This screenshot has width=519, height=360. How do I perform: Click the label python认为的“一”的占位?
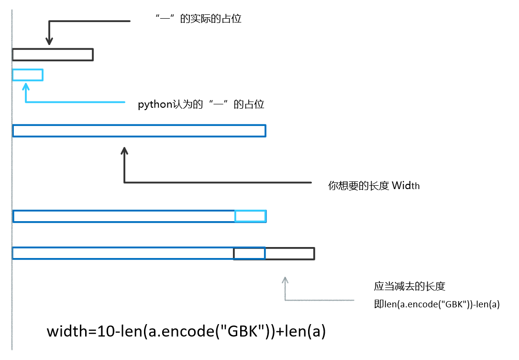click(201, 104)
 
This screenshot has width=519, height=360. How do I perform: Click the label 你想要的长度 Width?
click(374, 186)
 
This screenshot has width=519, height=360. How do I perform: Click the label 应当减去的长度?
click(409, 286)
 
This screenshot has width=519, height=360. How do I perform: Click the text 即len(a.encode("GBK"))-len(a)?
click(437, 304)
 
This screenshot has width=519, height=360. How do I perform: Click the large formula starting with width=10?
click(186, 331)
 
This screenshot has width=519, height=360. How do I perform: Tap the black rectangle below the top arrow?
click(53, 55)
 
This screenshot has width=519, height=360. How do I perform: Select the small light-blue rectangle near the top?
click(28, 75)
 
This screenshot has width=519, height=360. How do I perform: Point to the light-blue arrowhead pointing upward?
click(26, 86)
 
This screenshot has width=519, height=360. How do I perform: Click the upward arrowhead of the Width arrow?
click(125, 150)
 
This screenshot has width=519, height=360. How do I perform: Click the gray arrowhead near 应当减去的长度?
click(286, 280)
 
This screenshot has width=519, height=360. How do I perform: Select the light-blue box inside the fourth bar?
click(250, 216)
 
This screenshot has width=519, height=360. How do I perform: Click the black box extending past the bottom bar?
click(289, 253)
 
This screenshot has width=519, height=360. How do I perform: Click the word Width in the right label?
click(406, 186)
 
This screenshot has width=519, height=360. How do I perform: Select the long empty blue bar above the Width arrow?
click(139, 131)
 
